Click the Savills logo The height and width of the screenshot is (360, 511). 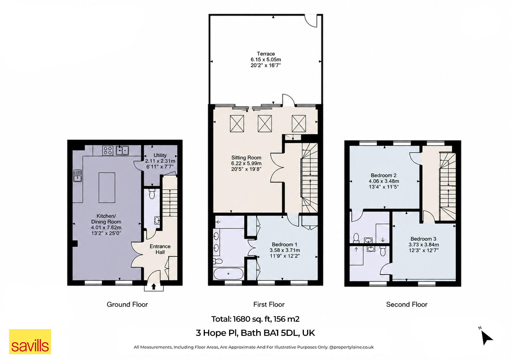point(30,341)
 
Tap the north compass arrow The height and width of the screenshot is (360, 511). point(486,338)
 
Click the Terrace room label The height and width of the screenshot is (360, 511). point(266,54)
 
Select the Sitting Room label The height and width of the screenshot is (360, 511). point(246,158)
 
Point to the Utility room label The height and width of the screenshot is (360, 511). point(160,155)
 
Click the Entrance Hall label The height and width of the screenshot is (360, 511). point(160,249)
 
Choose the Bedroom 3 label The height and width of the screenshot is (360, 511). point(423,239)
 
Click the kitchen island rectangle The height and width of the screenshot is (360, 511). point(107,188)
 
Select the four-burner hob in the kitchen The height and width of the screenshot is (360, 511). point(107,150)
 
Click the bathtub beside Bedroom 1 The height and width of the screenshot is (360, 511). point(228,274)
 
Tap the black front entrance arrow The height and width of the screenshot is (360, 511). point(154,286)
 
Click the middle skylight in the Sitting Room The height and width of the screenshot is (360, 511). point(265,123)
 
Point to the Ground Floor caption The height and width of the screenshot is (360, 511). point(127,304)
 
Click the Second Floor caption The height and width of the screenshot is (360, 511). point(407,304)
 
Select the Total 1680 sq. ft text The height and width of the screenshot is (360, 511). point(255,319)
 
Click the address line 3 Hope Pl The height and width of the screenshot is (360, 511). point(255,333)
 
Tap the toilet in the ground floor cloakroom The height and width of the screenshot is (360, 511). point(152,194)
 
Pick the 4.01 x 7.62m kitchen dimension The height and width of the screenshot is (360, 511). point(106,227)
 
